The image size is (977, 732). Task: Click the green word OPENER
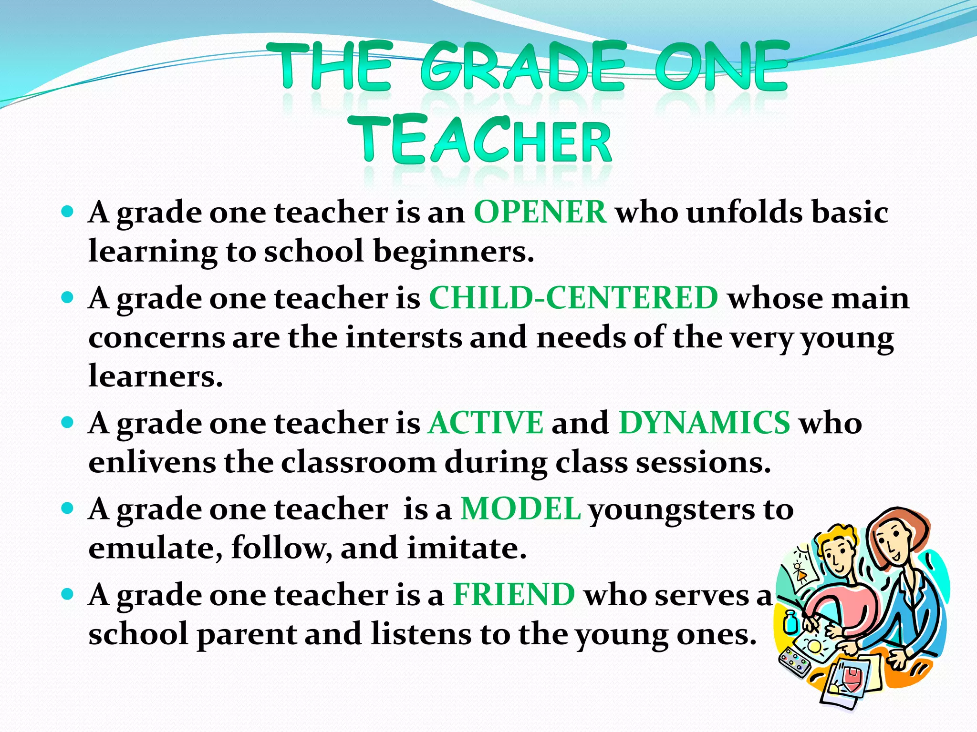(x=540, y=212)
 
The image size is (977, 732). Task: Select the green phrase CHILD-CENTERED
(x=573, y=298)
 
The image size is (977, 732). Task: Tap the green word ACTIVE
(x=486, y=423)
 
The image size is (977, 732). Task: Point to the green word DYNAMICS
(x=704, y=423)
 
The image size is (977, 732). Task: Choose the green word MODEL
(x=520, y=509)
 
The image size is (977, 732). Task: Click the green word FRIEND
(x=514, y=595)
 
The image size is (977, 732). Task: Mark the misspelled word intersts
(x=404, y=337)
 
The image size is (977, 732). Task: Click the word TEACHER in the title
(x=485, y=141)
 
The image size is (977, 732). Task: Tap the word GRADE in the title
(x=523, y=67)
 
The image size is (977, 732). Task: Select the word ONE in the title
(x=721, y=67)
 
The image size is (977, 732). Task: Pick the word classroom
(x=358, y=462)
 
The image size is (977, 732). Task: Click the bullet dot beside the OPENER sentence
(x=68, y=211)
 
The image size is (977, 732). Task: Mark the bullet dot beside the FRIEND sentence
(x=68, y=594)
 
